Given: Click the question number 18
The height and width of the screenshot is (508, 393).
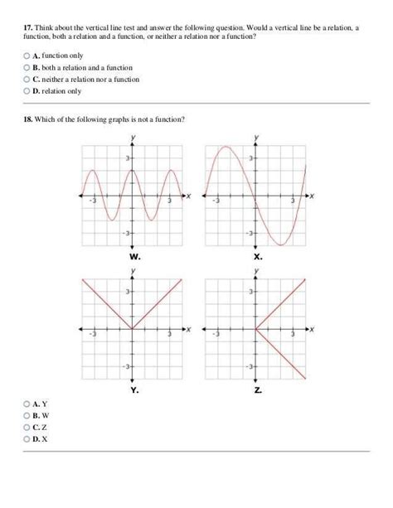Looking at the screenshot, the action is (27, 119).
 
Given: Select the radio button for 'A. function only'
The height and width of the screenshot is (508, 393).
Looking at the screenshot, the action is (27, 54).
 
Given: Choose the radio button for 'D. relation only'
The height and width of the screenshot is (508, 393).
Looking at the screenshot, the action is (27, 91).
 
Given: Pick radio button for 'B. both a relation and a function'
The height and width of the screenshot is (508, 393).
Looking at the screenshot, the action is (27, 66).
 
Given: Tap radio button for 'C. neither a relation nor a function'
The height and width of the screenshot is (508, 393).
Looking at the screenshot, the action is (27, 79).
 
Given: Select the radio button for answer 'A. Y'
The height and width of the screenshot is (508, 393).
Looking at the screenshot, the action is (27, 404).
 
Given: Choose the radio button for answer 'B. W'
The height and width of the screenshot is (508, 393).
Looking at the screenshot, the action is (27, 415).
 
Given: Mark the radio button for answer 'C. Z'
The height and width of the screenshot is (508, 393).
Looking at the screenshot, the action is (27, 428).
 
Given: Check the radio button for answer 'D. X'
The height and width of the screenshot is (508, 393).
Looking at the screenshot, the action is (27, 439).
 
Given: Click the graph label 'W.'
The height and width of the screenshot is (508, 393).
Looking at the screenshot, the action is (135, 256).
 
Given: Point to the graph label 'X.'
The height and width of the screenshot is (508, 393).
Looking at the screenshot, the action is (257, 256).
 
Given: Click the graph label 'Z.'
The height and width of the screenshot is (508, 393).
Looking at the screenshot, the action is (257, 389).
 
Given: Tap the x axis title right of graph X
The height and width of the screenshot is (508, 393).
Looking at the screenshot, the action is (312, 196).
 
